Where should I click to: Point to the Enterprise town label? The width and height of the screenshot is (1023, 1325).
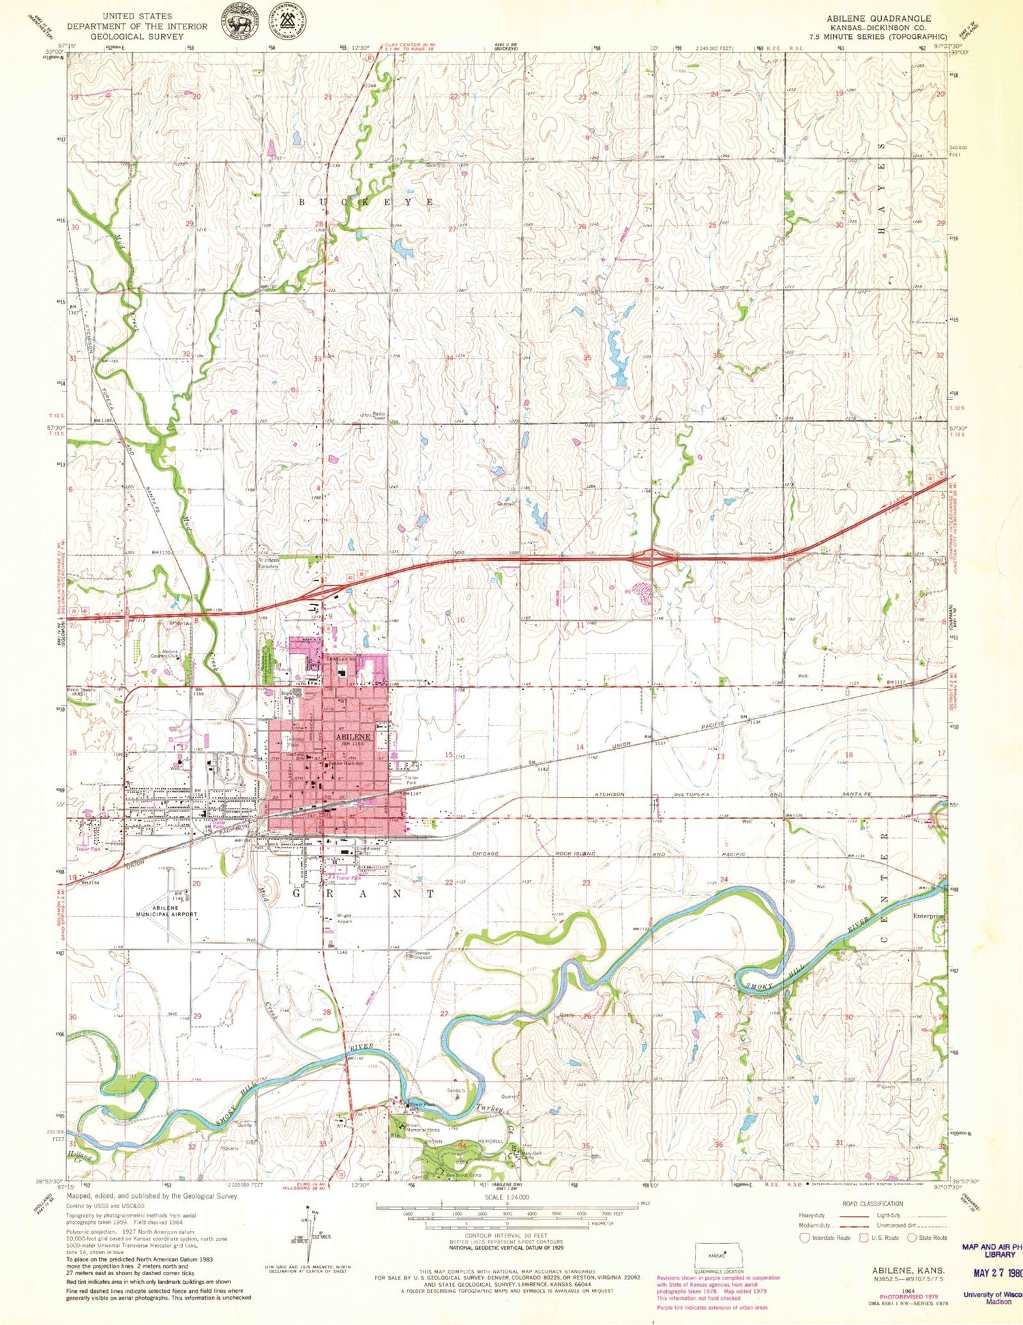coord(928,916)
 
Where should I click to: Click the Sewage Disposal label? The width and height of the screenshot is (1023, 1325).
coord(419,955)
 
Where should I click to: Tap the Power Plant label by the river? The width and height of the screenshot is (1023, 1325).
coord(421,1104)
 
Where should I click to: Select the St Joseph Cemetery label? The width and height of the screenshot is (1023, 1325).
coord(268,564)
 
